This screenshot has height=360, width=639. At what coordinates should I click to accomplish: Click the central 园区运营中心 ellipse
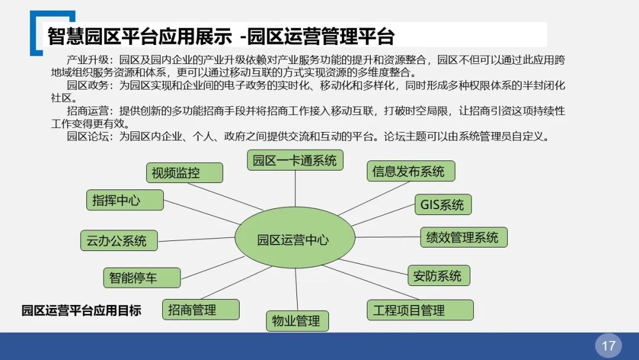click(295, 239)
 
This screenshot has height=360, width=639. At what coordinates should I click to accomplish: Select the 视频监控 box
click(184, 172)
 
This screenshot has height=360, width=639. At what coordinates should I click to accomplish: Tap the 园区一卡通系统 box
click(295, 160)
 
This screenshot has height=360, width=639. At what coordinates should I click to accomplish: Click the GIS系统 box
click(442, 204)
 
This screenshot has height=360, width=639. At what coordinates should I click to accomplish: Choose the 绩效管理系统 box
click(463, 237)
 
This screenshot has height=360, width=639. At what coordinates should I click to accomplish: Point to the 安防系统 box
click(438, 275)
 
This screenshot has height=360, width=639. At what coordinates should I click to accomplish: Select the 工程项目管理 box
click(421, 310)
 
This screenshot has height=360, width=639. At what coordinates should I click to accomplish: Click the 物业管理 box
click(296, 320)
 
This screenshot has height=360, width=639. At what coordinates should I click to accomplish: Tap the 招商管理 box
click(201, 309)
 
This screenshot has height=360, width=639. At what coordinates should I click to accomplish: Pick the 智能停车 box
click(141, 277)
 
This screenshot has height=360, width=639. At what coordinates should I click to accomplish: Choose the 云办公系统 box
click(118, 240)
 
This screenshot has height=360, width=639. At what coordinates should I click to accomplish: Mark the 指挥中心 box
click(124, 200)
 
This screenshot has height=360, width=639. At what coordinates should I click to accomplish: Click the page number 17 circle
click(608, 346)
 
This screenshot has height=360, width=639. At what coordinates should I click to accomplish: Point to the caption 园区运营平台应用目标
click(82, 310)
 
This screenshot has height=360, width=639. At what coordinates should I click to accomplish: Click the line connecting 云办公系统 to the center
click(196, 239)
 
